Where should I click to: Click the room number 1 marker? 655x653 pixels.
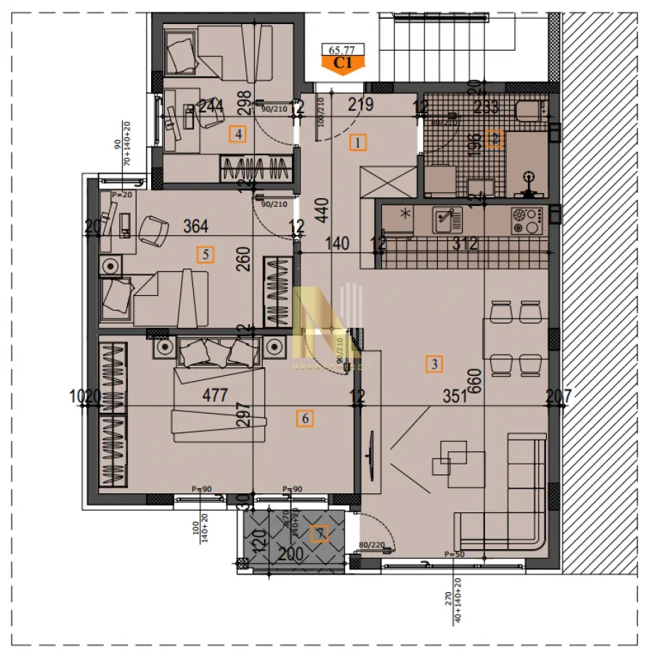click(x=358, y=141)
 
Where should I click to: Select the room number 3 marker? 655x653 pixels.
click(x=434, y=365)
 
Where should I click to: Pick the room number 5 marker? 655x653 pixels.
click(x=206, y=255)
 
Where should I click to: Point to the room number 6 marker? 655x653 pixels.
click(x=305, y=418)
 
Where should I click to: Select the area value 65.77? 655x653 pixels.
click(x=342, y=50)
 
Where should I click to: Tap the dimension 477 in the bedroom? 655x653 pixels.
click(x=215, y=395)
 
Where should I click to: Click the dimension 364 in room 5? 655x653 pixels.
click(x=196, y=226)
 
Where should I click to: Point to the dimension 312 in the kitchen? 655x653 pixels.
click(x=465, y=244)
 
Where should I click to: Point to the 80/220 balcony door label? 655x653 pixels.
click(x=371, y=544)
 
